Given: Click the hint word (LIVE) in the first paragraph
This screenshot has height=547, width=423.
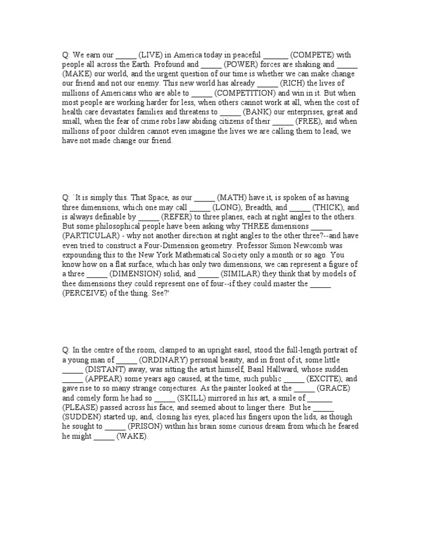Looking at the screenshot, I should [x=150, y=56].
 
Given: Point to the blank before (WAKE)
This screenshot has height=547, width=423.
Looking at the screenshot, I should [x=104, y=435].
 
